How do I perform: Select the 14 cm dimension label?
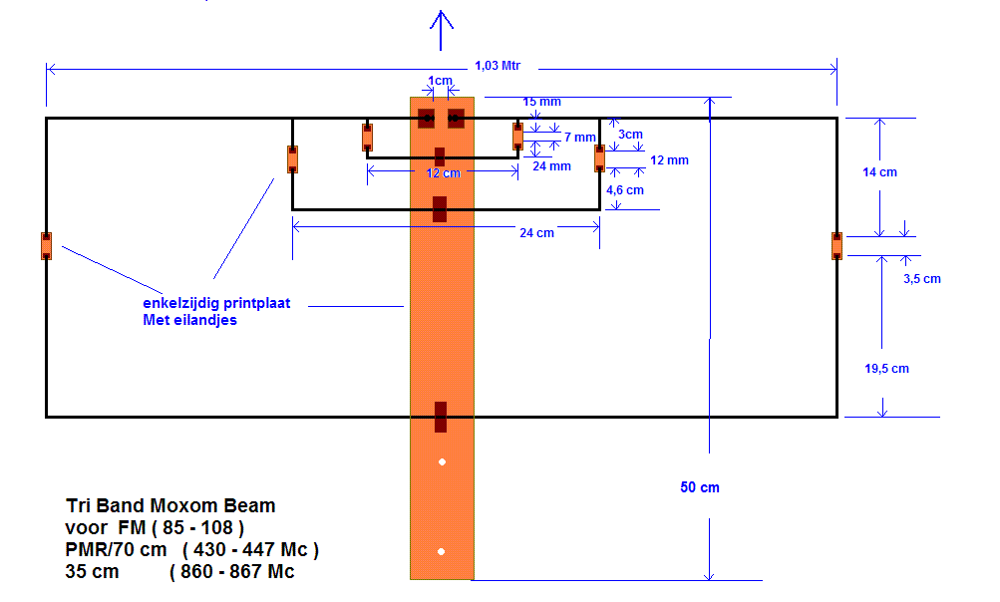click(x=878, y=172)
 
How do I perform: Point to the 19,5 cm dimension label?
click(x=886, y=369)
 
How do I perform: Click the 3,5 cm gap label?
click(x=921, y=279)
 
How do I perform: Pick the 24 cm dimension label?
click(x=536, y=233)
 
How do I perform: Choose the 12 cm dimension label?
click(x=443, y=173)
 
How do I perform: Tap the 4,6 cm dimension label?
click(x=624, y=189)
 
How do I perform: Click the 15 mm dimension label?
click(x=542, y=102)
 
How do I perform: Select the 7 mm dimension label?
click(x=579, y=137)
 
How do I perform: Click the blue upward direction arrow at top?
click(x=439, y=27)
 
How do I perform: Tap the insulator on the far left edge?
click(x=46, y=245)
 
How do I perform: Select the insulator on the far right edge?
click(x=836, y=245)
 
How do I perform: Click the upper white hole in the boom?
click(x=442, y=461)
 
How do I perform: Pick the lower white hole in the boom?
click(x=442, y=551)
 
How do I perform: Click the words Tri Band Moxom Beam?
click(x=169, y=506)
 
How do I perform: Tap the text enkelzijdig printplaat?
click(x=215, y=303)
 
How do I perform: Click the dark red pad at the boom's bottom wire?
click(x=441, y=417)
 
